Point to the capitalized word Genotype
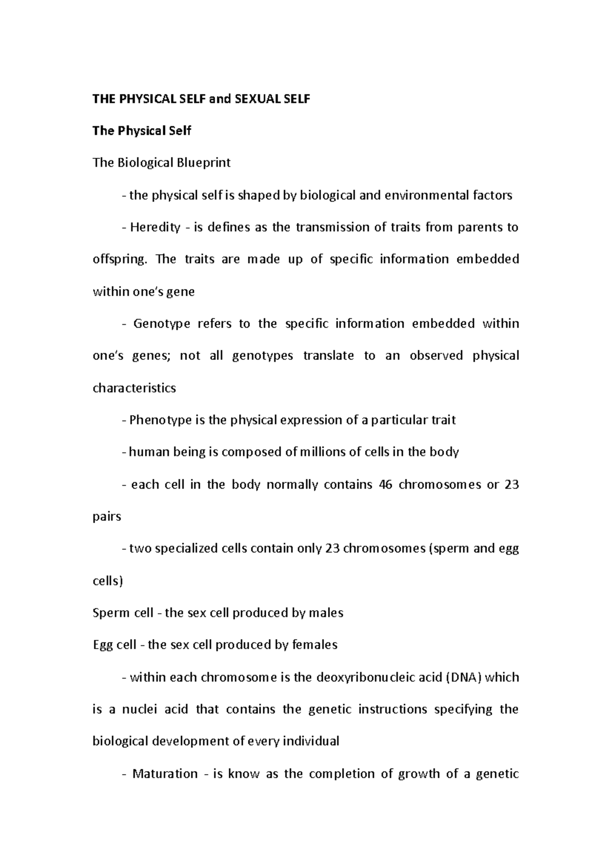(x=162, y=324)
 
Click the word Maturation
(x=165, y=774)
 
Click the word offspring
(x=118, y=259)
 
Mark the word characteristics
(x=134, y=388)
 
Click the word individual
(x=311, y=742)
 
